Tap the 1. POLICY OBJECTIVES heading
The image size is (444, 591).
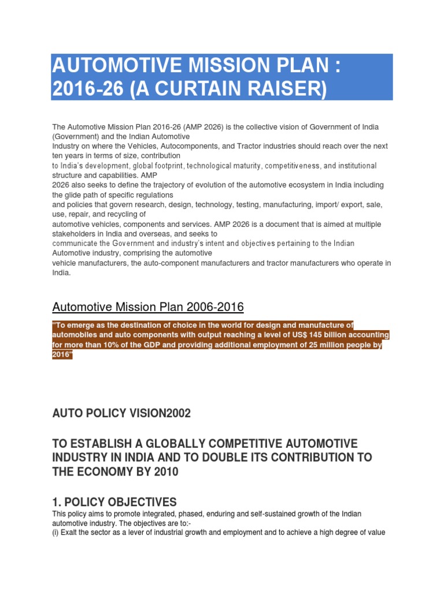coord(114,502)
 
